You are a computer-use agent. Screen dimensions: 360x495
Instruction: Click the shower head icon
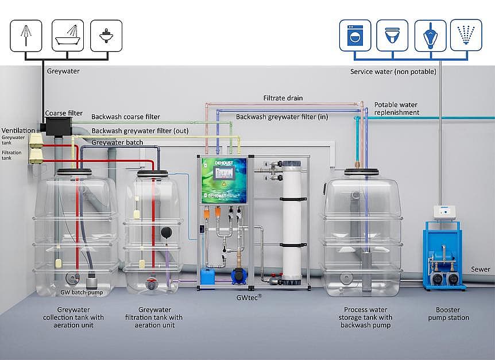click(x=26, y=36)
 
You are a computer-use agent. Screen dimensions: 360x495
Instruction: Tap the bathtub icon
click(x=68, y=36)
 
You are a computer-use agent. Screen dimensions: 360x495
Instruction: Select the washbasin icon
click(x=106, y=36)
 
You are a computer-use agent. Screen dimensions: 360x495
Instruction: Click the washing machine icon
click(x=354, y=36)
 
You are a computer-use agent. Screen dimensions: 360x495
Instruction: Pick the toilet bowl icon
click(x=392, y=36)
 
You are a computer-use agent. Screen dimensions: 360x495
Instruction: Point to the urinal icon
click(x=430, y=36)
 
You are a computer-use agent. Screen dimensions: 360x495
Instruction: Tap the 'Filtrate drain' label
click(x=283, y=98)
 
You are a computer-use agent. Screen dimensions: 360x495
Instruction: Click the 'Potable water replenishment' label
click(x=397, y=109)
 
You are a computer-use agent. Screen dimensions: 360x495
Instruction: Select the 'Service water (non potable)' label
click(x=393, y=72)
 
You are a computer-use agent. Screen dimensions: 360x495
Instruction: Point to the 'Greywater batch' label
click(x=117, y=142)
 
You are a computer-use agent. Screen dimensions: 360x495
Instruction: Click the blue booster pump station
click(x=443, y=258)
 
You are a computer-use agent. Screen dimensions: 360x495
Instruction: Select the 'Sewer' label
click(x=481, y=269)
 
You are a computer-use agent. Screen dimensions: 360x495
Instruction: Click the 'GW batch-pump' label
click(x=82, y=292)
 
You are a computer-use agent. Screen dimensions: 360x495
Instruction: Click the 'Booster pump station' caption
click(x=448, y=313)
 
